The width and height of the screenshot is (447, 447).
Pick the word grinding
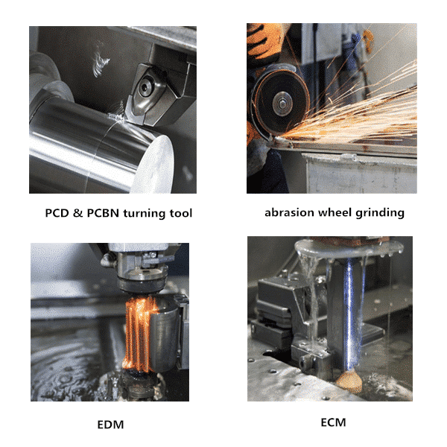click(379, 213)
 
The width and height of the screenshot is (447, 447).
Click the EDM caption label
click(110, 425)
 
